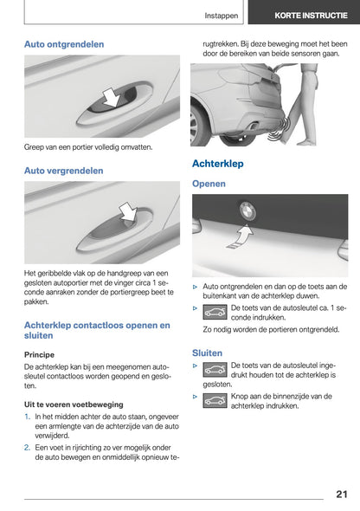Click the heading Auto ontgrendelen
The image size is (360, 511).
pyautogui.click(x=64, y=43)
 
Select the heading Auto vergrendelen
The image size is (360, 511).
pyautogui.click(x=63, y=171)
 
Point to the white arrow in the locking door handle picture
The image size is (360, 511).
pyautogui.click(x=127, y=211)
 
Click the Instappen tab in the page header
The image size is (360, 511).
pyautogui.click(x=222, y=15)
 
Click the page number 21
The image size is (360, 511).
pyautogui.click(x=340, y=494)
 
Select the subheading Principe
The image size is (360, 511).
pyautogui.click(x=39, y=354)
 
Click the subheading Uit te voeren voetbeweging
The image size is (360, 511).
pyautogui.click(x=74, y=404)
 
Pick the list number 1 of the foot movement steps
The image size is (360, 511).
pyautogui.click(x=28, y=417)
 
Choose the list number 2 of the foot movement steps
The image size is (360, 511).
pyautogui.click(x=28, y=447)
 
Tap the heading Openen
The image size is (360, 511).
pyautogui.click(x=209, y=184)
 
